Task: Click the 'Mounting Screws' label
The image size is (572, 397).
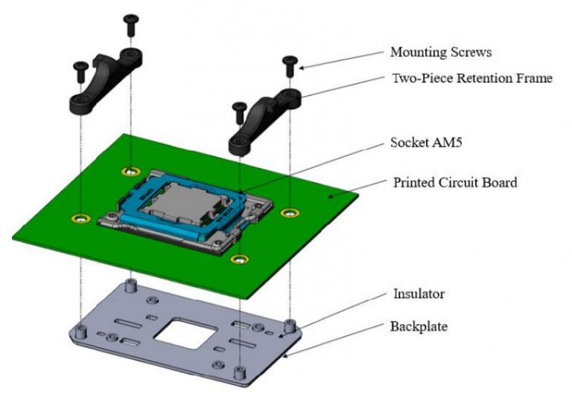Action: coord(441,53)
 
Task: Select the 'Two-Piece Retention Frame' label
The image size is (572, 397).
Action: coord(471,77)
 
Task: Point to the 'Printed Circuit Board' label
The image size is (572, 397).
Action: coord(454,181)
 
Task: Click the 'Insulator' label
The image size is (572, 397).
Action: coord(419,294)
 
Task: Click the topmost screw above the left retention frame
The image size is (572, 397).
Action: coord(132,23)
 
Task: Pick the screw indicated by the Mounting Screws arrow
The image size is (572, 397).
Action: coord(290,65)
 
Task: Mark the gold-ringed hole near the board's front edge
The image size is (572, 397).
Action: coord(238,259)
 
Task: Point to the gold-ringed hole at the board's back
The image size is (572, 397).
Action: coord(131,172)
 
